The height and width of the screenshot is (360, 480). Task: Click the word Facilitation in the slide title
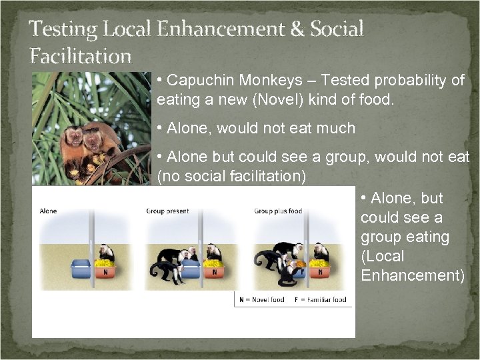[x=80, y=55]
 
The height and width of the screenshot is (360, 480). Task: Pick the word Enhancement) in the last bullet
[x=413, y=275]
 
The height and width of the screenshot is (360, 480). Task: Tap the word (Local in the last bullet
[x=383, y=256]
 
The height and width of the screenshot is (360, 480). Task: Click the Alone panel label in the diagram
[x=48, y=211]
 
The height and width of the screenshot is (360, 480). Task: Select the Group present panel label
[x=167, y=211]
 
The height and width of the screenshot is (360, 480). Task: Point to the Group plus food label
[x=277, y=211]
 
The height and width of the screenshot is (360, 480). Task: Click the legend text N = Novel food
[x=263, y=300]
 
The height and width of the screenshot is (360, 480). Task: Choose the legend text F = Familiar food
[x=321, y=300]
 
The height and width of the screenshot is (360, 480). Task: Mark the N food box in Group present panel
[x=213, y=271]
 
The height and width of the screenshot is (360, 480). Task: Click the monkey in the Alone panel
[x=105, y=253]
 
